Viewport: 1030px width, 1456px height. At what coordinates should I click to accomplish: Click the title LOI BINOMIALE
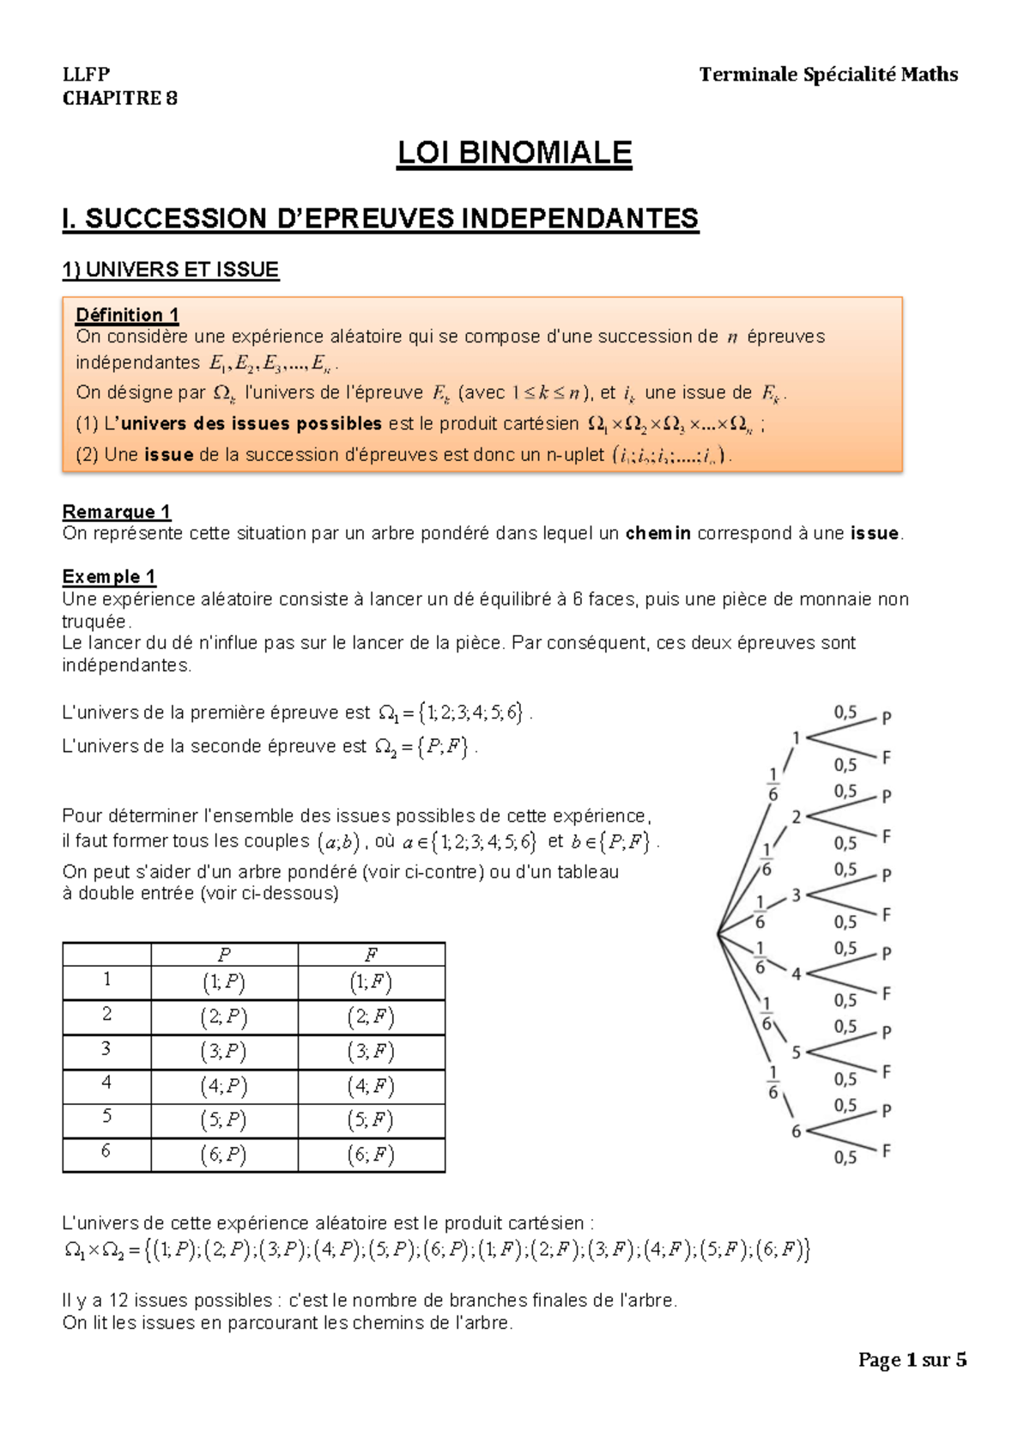[x=513, y=153]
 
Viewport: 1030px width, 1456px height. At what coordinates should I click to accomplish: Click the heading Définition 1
[x=127, y=315]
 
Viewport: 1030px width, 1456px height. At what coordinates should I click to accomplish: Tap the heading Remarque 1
[x=116, y=512]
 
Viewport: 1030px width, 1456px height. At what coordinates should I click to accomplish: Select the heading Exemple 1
[x=109, y=576]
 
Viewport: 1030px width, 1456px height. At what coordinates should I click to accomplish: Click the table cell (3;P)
[x=224, y=1052]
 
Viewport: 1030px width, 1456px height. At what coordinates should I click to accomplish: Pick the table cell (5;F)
[x=371, y=1120]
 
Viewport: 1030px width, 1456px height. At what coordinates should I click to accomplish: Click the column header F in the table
[x=371, y=955]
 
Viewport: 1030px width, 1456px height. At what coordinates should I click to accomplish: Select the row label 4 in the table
[x=106, y=1083]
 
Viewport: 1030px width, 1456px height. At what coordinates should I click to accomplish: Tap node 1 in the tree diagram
[x=796, y=737]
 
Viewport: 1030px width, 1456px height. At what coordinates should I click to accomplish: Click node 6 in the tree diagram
[x=796, y=1131]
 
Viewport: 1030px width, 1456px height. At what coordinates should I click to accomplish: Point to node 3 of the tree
[x=796, y=895]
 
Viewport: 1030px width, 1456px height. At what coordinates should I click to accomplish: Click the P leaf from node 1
[x=887, y=718]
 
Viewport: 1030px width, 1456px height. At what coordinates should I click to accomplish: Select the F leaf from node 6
[x=887, y=1150]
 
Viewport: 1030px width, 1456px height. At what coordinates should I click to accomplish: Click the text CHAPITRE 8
[x=120, y=98]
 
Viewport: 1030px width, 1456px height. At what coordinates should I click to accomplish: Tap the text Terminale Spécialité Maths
[x=828, y=75]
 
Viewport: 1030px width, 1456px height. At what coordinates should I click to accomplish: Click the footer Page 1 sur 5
[x=912, y=1360]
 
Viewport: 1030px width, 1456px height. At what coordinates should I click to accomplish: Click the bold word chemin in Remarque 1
[x=657, y=533]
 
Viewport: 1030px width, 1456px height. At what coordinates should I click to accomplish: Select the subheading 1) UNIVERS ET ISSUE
[x=170, y=270]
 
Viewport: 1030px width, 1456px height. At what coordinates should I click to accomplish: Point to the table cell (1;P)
[x=224, y=983]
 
